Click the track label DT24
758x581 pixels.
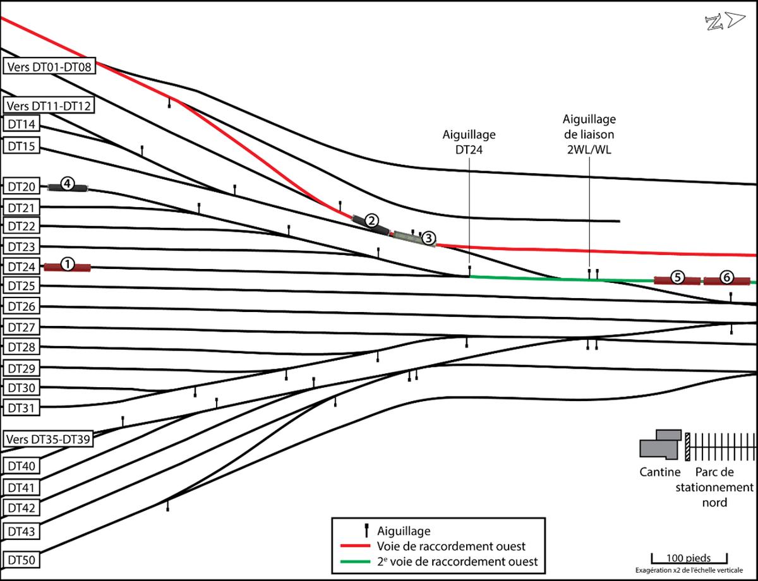click(21, 267)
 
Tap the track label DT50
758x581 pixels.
click(21, 559)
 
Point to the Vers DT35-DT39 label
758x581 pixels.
click(48, 439)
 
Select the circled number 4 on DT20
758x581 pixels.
click(68, 184)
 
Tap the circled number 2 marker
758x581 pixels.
click(372, 220)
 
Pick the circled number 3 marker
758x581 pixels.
click(428, 237)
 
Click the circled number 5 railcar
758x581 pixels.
click(677, 277)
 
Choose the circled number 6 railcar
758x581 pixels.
click(727, 277)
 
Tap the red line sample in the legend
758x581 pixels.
click(355, 546)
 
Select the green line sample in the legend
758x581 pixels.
click(355, 560)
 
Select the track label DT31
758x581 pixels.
click(21, 407)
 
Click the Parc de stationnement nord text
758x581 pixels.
click(715, 487)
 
